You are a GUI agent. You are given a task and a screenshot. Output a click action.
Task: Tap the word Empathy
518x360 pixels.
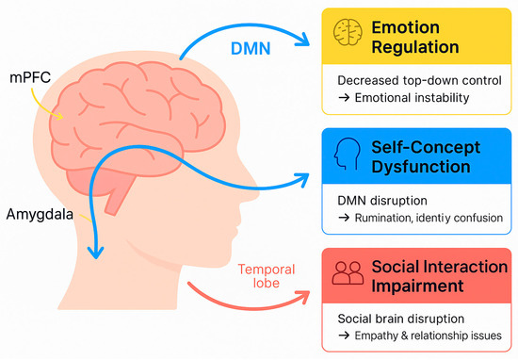coord(395,336)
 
